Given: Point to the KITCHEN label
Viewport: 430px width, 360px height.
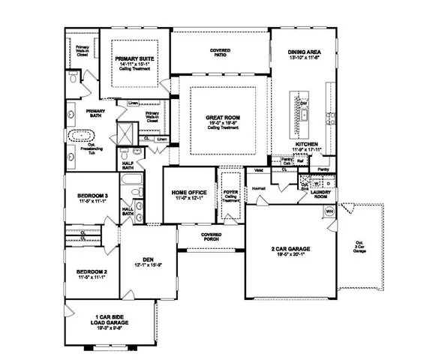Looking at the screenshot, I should (308, 142).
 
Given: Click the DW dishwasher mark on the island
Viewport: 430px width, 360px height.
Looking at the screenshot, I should (304, 103).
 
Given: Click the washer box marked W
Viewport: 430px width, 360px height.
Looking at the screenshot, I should (316, 183).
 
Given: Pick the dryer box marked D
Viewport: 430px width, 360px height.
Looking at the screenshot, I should (328, 183).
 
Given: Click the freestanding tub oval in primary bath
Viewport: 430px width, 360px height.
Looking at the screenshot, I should (80, 137).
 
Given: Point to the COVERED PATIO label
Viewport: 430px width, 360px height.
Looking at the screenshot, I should (219, 51).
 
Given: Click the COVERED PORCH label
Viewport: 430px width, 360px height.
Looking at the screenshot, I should (211, 235).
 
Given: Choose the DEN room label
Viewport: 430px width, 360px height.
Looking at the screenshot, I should (148, 258).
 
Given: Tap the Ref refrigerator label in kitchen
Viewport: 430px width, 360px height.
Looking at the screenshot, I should (299, 160).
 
